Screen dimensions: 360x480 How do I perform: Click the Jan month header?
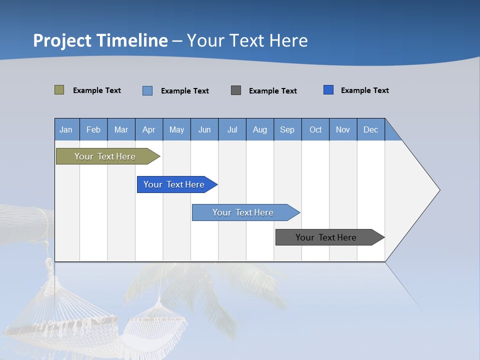66,129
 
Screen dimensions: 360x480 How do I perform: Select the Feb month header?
93,129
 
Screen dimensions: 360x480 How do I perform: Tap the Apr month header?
149,129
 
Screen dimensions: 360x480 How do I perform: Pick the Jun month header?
204,129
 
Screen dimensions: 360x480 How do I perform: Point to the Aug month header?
260,129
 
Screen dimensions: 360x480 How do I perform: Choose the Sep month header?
287,129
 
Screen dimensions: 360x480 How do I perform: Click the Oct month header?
315,129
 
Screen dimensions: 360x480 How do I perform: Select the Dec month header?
371,129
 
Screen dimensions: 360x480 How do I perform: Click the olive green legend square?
59,90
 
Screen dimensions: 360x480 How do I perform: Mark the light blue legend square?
147,90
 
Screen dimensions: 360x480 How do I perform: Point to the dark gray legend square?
236,90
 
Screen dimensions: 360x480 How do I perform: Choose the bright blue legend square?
328,90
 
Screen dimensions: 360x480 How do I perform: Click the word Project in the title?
62,40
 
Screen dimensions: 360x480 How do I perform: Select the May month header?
176,129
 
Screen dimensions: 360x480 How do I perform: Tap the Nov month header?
343,129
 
